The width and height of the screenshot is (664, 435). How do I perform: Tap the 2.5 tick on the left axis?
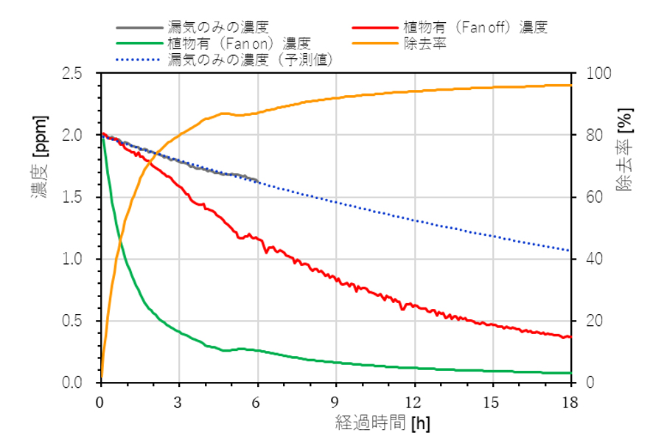(82, 74)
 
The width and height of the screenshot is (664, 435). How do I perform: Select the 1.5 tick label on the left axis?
(82, 198)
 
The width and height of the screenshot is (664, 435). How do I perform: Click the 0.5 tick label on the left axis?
(82, 321)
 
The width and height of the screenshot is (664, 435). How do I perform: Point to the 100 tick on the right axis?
(593, 74)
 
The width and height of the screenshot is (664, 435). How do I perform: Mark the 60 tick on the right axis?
(589, 198)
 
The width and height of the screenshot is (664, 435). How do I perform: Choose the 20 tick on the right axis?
(589, 321)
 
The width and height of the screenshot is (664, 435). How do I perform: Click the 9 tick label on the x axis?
(336, 402)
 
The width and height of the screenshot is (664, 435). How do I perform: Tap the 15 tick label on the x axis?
(492, 402)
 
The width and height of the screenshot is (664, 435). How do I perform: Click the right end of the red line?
(570, 337)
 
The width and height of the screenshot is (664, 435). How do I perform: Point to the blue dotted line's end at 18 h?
(570, 251)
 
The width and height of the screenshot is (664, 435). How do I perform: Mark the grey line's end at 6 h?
(257, 180)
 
